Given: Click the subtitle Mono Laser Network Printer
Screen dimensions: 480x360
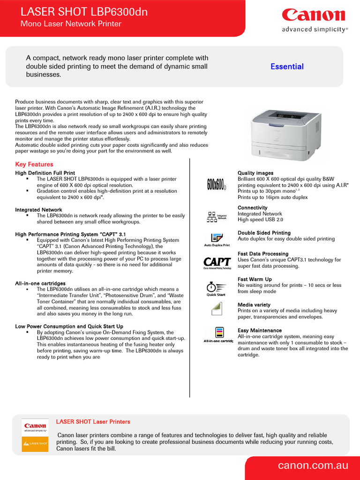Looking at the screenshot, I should tap(70, 24).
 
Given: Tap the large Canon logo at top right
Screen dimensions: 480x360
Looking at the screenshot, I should tap(314, 15).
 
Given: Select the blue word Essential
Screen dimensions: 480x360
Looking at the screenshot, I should tap(287, 67).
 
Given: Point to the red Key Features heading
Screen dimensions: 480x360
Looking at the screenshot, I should tap(34, 165).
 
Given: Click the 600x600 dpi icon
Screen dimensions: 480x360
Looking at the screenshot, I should tap(217, 185).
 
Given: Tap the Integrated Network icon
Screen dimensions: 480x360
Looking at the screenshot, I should tap(217, 217).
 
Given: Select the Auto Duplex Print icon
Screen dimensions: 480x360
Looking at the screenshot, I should tap(217, 239).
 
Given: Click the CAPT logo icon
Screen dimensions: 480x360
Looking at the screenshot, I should tap(217, 263).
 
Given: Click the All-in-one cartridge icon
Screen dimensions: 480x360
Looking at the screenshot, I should tap(217, 335).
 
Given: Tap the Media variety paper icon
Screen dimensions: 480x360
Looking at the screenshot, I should tap(216, 309).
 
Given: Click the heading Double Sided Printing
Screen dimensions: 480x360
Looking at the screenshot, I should tap(264, 233).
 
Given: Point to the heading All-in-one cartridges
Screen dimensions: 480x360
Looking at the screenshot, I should tap(40, 284).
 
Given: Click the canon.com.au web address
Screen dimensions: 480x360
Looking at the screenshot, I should tap(313, 465).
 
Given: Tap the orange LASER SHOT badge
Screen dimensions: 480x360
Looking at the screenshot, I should tap(35, 443).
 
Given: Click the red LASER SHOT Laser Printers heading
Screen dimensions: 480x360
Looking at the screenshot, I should tap(93, 422).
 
